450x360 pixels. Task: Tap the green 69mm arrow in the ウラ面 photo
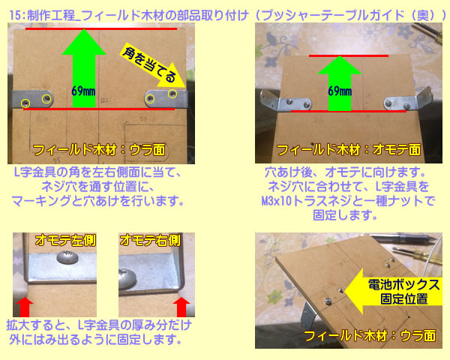pyautogui.click(x=84, y=69)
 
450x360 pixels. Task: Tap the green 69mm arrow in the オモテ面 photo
pyautogui.click(x=340, y=84)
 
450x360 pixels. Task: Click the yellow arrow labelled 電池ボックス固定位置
pyautogui.click(x=393, y=292)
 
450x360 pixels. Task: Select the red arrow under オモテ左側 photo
pyautogui.click(x=25, y=307)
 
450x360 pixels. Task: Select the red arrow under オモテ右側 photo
pyautogui.click(x=181, y=307)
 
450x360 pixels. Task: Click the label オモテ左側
pyautogui.click(x=65, y=240)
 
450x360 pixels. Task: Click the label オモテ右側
pyautogui.click(x=150, y=240)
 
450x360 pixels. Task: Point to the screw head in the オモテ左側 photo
pyautogui.click(x=67, y=257)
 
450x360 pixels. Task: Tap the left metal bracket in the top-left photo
pyautogui.click(x=32, y=99)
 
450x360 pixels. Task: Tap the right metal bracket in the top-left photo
pyautogui.click(x=166, y=98)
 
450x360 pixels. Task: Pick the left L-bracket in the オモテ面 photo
pyautogui.click(x=286, y=101)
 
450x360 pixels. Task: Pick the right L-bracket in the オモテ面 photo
pyautogui.click(x=409, y=100)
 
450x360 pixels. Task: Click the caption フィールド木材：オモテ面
pyautogui.click(x=349, y=150)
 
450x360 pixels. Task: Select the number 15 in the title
pyautogui.click(x=15, y=15)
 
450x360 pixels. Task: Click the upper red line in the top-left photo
pyautogui.click(x=101, y=28)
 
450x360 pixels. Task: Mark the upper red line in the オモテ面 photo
pyautogui.click(x=349, y=55)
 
